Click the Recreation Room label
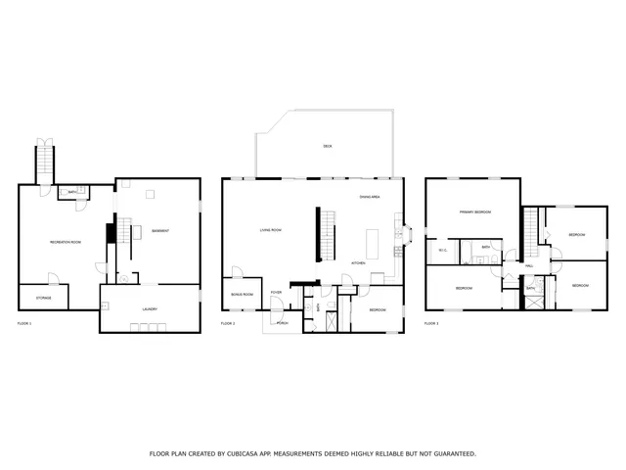coord(66,241)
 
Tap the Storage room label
coord(44,297)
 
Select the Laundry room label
coord(149,309)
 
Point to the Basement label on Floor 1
coord(160,231)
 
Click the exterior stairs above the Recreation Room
coord(45,158)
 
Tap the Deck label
coord(328,146)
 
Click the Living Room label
coord(271,230)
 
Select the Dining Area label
coord(370,198)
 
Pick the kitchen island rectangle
coord(372,241)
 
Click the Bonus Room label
coord(242,294)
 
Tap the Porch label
coord(282,322)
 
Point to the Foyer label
coord(277,292)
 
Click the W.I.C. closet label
coord(442,251)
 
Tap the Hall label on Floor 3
coord(528,266)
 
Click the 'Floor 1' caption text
coord(24,322)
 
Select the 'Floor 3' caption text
coord(431,322)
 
